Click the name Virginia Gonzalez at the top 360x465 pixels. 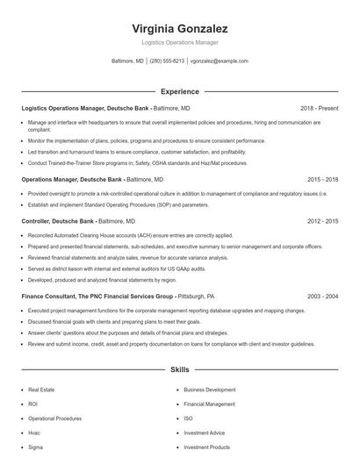click(179, 29)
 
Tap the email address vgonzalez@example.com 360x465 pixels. click(220, 61)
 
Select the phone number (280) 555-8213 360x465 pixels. click(167, 61)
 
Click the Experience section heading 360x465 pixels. click(179, 91)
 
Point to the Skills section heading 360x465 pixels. click(179, 371)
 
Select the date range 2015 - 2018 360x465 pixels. click(322, 178)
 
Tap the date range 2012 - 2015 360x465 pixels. click(322, 222)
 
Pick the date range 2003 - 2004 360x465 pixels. click(322, 297)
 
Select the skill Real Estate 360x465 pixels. click(41, 389)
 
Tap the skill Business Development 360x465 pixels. click(209, 389)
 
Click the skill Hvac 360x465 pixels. click(35, 433)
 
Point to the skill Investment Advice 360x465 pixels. click(204, 433)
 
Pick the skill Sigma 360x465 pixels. click(36, 447)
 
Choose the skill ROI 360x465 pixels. click(33, 404)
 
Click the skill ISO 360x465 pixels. click(188, 418)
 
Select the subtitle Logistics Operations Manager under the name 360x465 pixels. click(179, 42)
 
